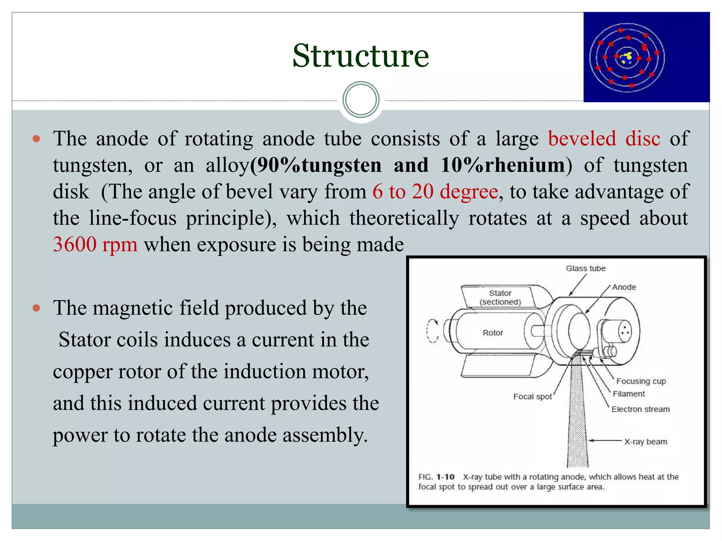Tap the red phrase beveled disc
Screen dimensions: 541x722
[604, 138]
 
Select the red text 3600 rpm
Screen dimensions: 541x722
[95, 244]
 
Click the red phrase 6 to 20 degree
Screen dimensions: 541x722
[435, 192]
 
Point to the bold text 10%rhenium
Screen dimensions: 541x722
[502, 165]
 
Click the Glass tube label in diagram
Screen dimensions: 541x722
[586, 268]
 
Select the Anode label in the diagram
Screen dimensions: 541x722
[624, 287]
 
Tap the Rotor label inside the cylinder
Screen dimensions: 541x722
[492, 332]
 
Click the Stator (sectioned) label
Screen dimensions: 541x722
[500, 297]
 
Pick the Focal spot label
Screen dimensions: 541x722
[532, 397]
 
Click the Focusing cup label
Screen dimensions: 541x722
[641, 381]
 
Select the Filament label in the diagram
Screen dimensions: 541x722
[629, 394]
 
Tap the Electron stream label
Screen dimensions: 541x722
[640, 409]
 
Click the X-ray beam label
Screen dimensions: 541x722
[645, 442]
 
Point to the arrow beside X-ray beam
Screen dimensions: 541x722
[605, 441]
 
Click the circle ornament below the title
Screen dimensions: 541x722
[361, 100]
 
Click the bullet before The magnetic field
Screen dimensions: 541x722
[36, 308]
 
